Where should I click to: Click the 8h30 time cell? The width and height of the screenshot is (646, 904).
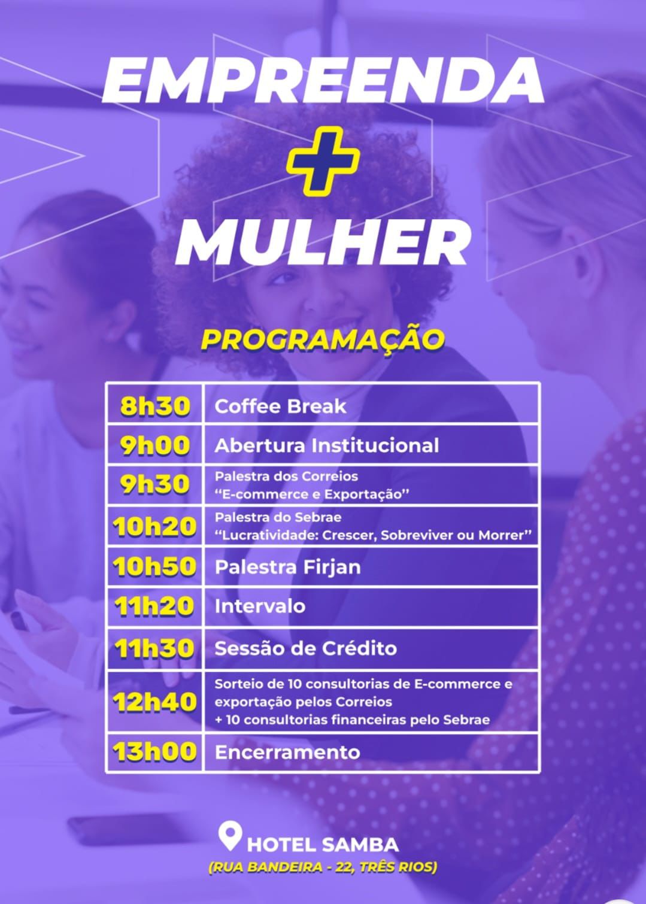(x=154, y=405)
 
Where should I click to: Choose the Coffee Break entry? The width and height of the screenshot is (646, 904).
(x=280, y=406)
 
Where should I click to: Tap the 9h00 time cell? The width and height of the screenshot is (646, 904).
(x=154, y=445)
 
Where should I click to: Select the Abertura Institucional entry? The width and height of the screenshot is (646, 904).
(x=326, y=445)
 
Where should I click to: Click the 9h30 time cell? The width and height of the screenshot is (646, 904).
(x=154, y=484)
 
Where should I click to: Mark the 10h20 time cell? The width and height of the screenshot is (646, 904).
(x=154, y=527)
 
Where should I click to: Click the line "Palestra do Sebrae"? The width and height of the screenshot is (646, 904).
(x=278, y=517)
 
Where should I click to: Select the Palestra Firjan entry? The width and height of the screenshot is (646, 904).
(x=287, y=567)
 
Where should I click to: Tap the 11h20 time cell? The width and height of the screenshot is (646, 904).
(x=154, y=606)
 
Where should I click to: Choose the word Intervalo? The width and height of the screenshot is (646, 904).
(x=260, y=606)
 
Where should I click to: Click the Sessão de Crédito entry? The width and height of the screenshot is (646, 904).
(x=305, y=648)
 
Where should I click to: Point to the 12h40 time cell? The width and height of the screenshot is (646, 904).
(x=154, y=702)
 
